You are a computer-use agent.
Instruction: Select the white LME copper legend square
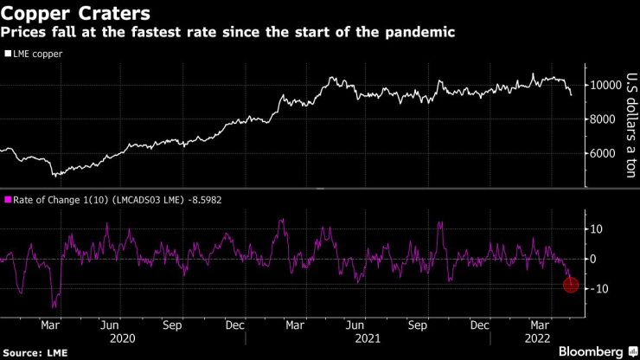click(8, 54)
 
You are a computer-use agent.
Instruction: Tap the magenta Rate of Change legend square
click(8, 201)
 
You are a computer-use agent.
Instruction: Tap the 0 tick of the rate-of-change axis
click(594, 259)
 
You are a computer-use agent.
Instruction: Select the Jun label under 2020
click(109, 325)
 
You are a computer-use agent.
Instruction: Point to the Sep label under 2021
click(419, 325)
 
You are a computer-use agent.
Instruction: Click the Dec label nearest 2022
click(482, 325)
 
